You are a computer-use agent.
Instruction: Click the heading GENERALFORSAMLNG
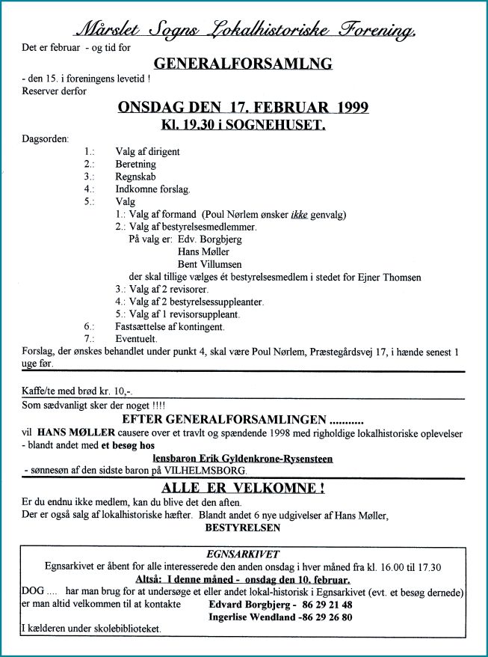243,64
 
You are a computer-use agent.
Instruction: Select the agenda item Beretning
135,164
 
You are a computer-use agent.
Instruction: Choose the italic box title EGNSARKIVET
244,554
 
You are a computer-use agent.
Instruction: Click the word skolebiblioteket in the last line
124,629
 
